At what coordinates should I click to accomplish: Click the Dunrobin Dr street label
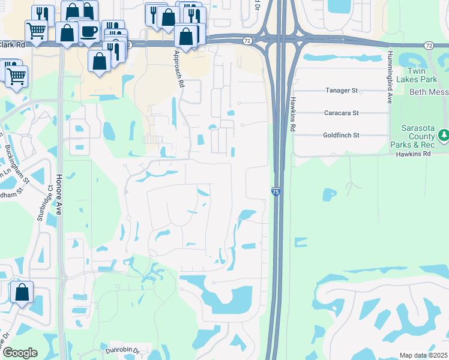122,350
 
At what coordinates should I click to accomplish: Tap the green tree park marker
444,136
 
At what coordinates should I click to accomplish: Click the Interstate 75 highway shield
274,191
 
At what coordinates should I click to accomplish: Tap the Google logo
20,352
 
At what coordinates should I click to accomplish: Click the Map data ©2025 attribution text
423,355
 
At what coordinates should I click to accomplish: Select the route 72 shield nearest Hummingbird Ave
428,46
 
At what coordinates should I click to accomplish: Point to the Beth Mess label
429,92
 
